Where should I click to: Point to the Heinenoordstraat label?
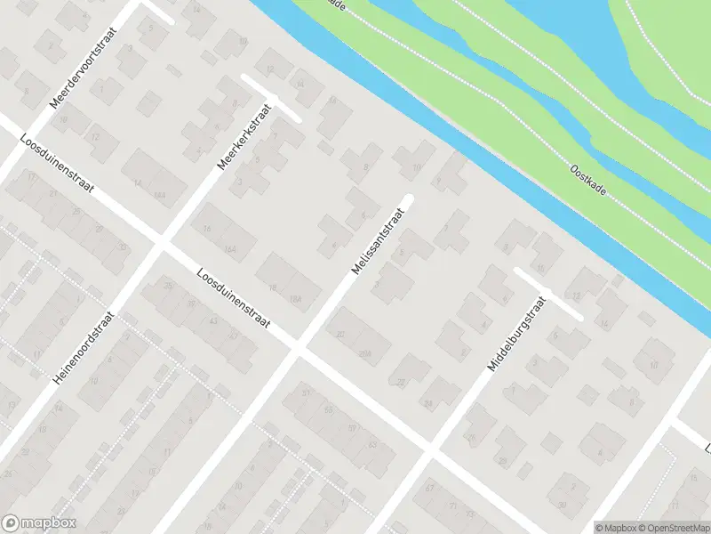[84, 348]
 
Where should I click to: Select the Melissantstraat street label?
[379, 241]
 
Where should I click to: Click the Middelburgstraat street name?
[515, 335]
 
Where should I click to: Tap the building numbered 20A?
[364, 352]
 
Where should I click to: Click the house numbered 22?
[401, 382]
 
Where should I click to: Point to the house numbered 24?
[427, 403]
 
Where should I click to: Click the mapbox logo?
[39, 523]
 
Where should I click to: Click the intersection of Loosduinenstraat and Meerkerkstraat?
[160, 241]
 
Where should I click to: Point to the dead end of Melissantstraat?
[409, 198]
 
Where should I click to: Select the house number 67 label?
[431, 488]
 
